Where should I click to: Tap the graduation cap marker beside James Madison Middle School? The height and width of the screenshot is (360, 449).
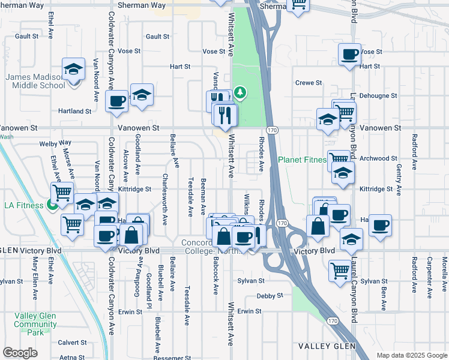[73, 70]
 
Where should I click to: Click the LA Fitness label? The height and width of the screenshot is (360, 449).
[24, 205]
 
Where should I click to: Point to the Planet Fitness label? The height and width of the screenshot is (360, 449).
[302, 160]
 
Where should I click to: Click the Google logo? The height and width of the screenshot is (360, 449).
[20, 353]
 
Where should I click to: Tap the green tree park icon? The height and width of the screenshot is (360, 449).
[240, 92]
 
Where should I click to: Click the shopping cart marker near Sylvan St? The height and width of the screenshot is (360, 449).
[340, 271]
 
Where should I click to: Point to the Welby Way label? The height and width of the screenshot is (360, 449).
[55, 143]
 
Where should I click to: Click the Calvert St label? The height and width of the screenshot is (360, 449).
[72, 343]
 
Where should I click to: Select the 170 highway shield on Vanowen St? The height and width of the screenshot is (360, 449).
[272, 130]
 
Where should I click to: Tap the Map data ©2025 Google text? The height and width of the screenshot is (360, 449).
[411, 355]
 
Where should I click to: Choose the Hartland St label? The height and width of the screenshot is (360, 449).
[74, 111]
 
